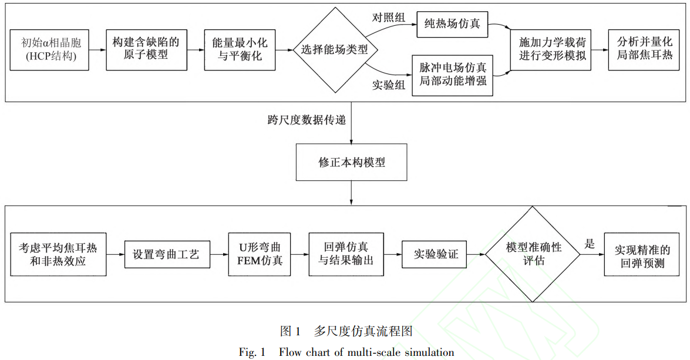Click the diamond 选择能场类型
coord(335,50)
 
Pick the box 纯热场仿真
coord(453,25)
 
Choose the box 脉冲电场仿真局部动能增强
coord(453,74)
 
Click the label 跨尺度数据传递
coord(306,120)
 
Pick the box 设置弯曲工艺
coord(167,255)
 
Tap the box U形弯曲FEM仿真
coord(259,255)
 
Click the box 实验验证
coord(436,255)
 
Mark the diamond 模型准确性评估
coord(533,254)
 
